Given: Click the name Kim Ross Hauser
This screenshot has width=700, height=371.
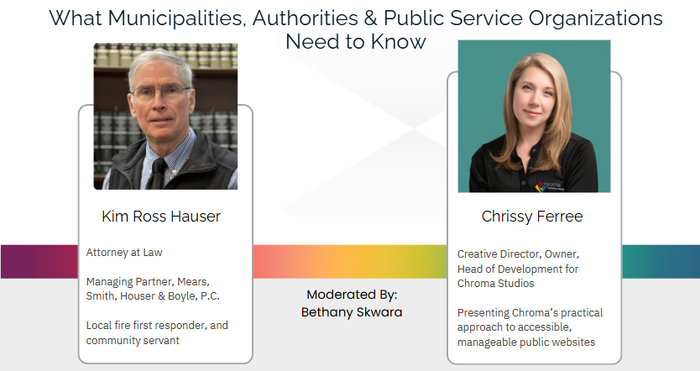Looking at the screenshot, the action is tap(161, 216).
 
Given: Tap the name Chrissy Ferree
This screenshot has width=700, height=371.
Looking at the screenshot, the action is tap(532, 217).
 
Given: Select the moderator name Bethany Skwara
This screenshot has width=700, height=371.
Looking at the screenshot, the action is tap(352, 312).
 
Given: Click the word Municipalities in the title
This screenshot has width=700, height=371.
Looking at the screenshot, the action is tap(177, 18).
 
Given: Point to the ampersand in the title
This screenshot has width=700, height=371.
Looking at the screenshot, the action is tap(369, 18).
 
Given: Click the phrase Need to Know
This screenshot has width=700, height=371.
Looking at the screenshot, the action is tap(356, 41).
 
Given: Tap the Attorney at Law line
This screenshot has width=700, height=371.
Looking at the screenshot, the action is tap(124, 253).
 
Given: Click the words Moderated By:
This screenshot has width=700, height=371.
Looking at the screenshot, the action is tap(352, 295).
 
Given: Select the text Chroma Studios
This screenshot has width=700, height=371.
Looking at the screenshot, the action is tap(495, 284).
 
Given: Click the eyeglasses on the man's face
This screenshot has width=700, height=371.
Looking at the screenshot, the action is tap(160, 91).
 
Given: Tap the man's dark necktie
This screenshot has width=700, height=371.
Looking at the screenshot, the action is tap(157, 174).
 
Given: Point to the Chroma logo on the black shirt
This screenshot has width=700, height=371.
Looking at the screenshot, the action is tap(550, 186).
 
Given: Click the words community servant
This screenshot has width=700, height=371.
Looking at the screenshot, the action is tap(133, 341).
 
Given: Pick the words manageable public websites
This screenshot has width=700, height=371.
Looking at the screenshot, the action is tap(526, 342).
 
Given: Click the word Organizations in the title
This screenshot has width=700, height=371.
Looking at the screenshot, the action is tap(596, 18).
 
